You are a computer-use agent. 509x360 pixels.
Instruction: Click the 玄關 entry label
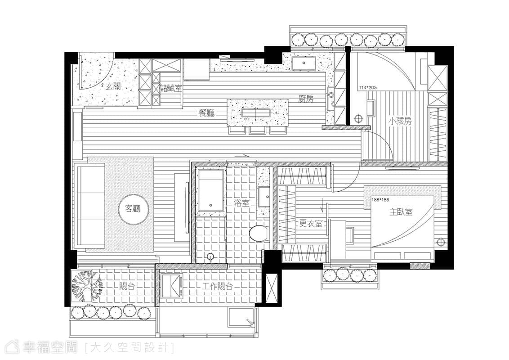click(113, 86)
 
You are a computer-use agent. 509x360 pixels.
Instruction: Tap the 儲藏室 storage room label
click(171, 88)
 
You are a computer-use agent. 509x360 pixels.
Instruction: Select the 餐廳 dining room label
click(206, 113)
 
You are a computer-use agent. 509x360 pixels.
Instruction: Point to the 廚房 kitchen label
click(306, 99)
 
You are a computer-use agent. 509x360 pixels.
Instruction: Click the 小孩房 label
click(400, 121)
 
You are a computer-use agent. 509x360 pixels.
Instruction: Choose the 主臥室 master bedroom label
click(401, 212)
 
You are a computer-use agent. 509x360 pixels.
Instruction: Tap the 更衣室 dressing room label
click(311, 224)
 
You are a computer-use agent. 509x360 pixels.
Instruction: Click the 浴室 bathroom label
click(241, 203)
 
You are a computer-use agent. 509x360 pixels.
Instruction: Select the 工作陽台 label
click(218, 287)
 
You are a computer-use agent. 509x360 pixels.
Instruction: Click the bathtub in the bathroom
click(211, 190)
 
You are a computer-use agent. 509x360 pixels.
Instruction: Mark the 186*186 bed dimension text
click(380, 200)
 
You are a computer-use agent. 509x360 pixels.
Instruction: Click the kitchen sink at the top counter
click(304, 64)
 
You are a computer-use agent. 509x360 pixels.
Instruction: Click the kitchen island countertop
click(257, 112)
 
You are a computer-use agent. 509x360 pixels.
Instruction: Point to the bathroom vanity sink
click(263, 197)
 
